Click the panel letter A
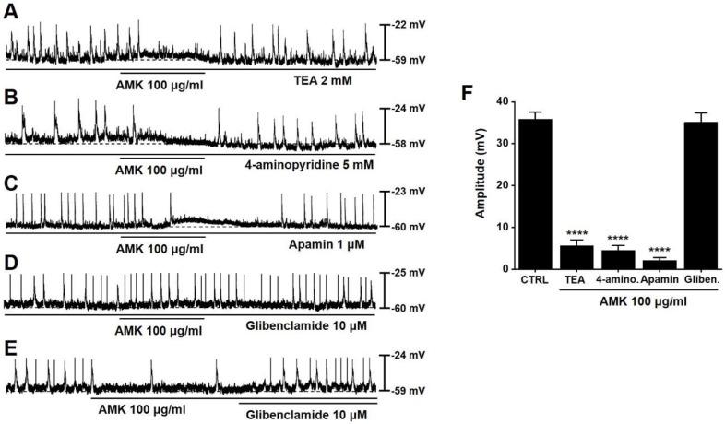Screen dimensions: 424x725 click(11, 10)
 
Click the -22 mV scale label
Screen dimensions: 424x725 click(410, 25)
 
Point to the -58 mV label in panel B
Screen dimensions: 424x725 click(410, 145)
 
